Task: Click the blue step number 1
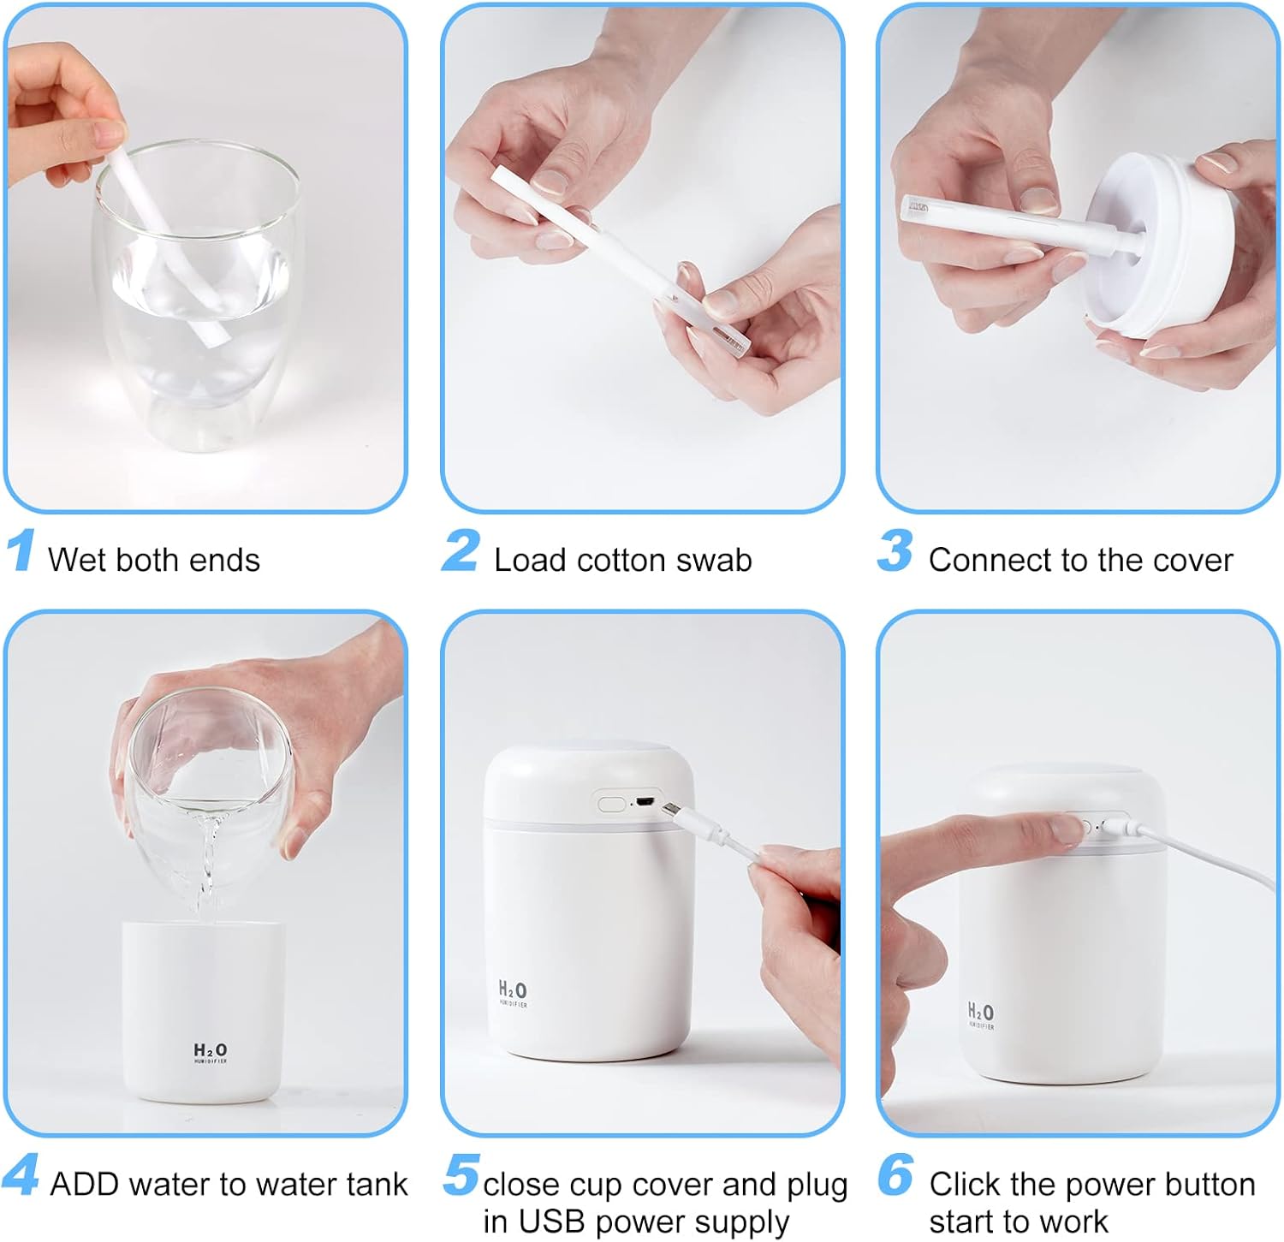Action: point(21,550)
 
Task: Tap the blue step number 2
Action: point(461,550)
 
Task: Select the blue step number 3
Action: point(895,550)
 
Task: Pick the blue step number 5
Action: point(461,1174)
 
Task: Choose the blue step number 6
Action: point(895,1174)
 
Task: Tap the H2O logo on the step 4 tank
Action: point(211,1053)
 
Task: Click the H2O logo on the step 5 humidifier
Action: point(513,993)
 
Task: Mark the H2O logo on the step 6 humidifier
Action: point(981,1015)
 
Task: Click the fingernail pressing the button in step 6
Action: point(1068,827)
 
